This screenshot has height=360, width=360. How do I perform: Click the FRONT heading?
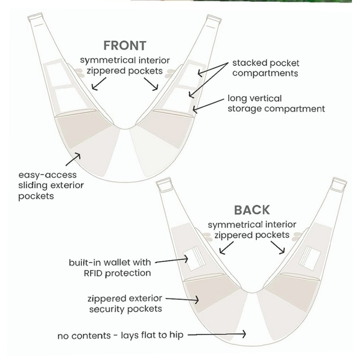coord(125,45)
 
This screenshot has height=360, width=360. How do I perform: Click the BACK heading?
coord(252,210)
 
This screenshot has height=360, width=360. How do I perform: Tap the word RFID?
coord(92,273)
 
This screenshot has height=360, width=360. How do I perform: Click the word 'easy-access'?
coord(48,175)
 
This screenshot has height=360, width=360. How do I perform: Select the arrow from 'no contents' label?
coord(217,335)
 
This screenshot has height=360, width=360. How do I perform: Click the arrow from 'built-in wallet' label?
coord(171,260)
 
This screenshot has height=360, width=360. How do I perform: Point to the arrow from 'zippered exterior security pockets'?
coord(182,299)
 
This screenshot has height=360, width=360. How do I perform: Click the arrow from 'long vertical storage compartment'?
coord(208,106)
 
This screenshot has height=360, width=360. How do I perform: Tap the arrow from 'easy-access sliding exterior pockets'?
coord(73,159)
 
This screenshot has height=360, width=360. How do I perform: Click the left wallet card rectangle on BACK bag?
coord(193,259)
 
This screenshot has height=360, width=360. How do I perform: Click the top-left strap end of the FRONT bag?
coord(35,17)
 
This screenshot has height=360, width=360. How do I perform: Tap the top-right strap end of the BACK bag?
coord(340,182)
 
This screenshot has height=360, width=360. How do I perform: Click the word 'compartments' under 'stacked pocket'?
coord(265,73)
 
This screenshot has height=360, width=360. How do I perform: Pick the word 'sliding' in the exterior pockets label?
coord(33,186)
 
